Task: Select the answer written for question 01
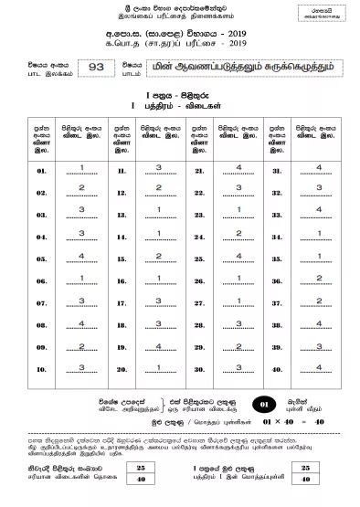point(82,167)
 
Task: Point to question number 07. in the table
point(41,302)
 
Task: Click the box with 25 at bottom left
point(141,467)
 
